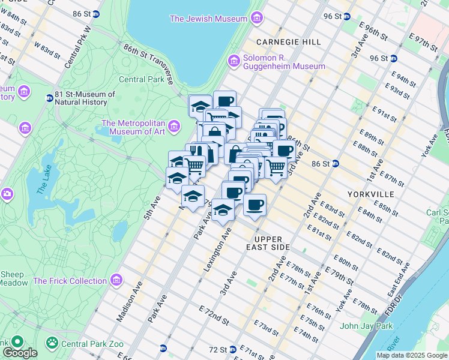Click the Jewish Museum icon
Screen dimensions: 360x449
point(256,19)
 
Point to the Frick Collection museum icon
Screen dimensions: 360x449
point(116,281)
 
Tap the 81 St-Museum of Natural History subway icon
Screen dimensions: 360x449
point(49,98)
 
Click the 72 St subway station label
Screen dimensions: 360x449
point(217,349)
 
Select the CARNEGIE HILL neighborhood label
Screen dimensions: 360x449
point(288,42)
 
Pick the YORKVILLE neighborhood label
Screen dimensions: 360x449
point(370,194)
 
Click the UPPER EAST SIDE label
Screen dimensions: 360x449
point(268,243)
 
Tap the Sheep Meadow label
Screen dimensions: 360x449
point(12,279)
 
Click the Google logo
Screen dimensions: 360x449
point(19,353)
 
